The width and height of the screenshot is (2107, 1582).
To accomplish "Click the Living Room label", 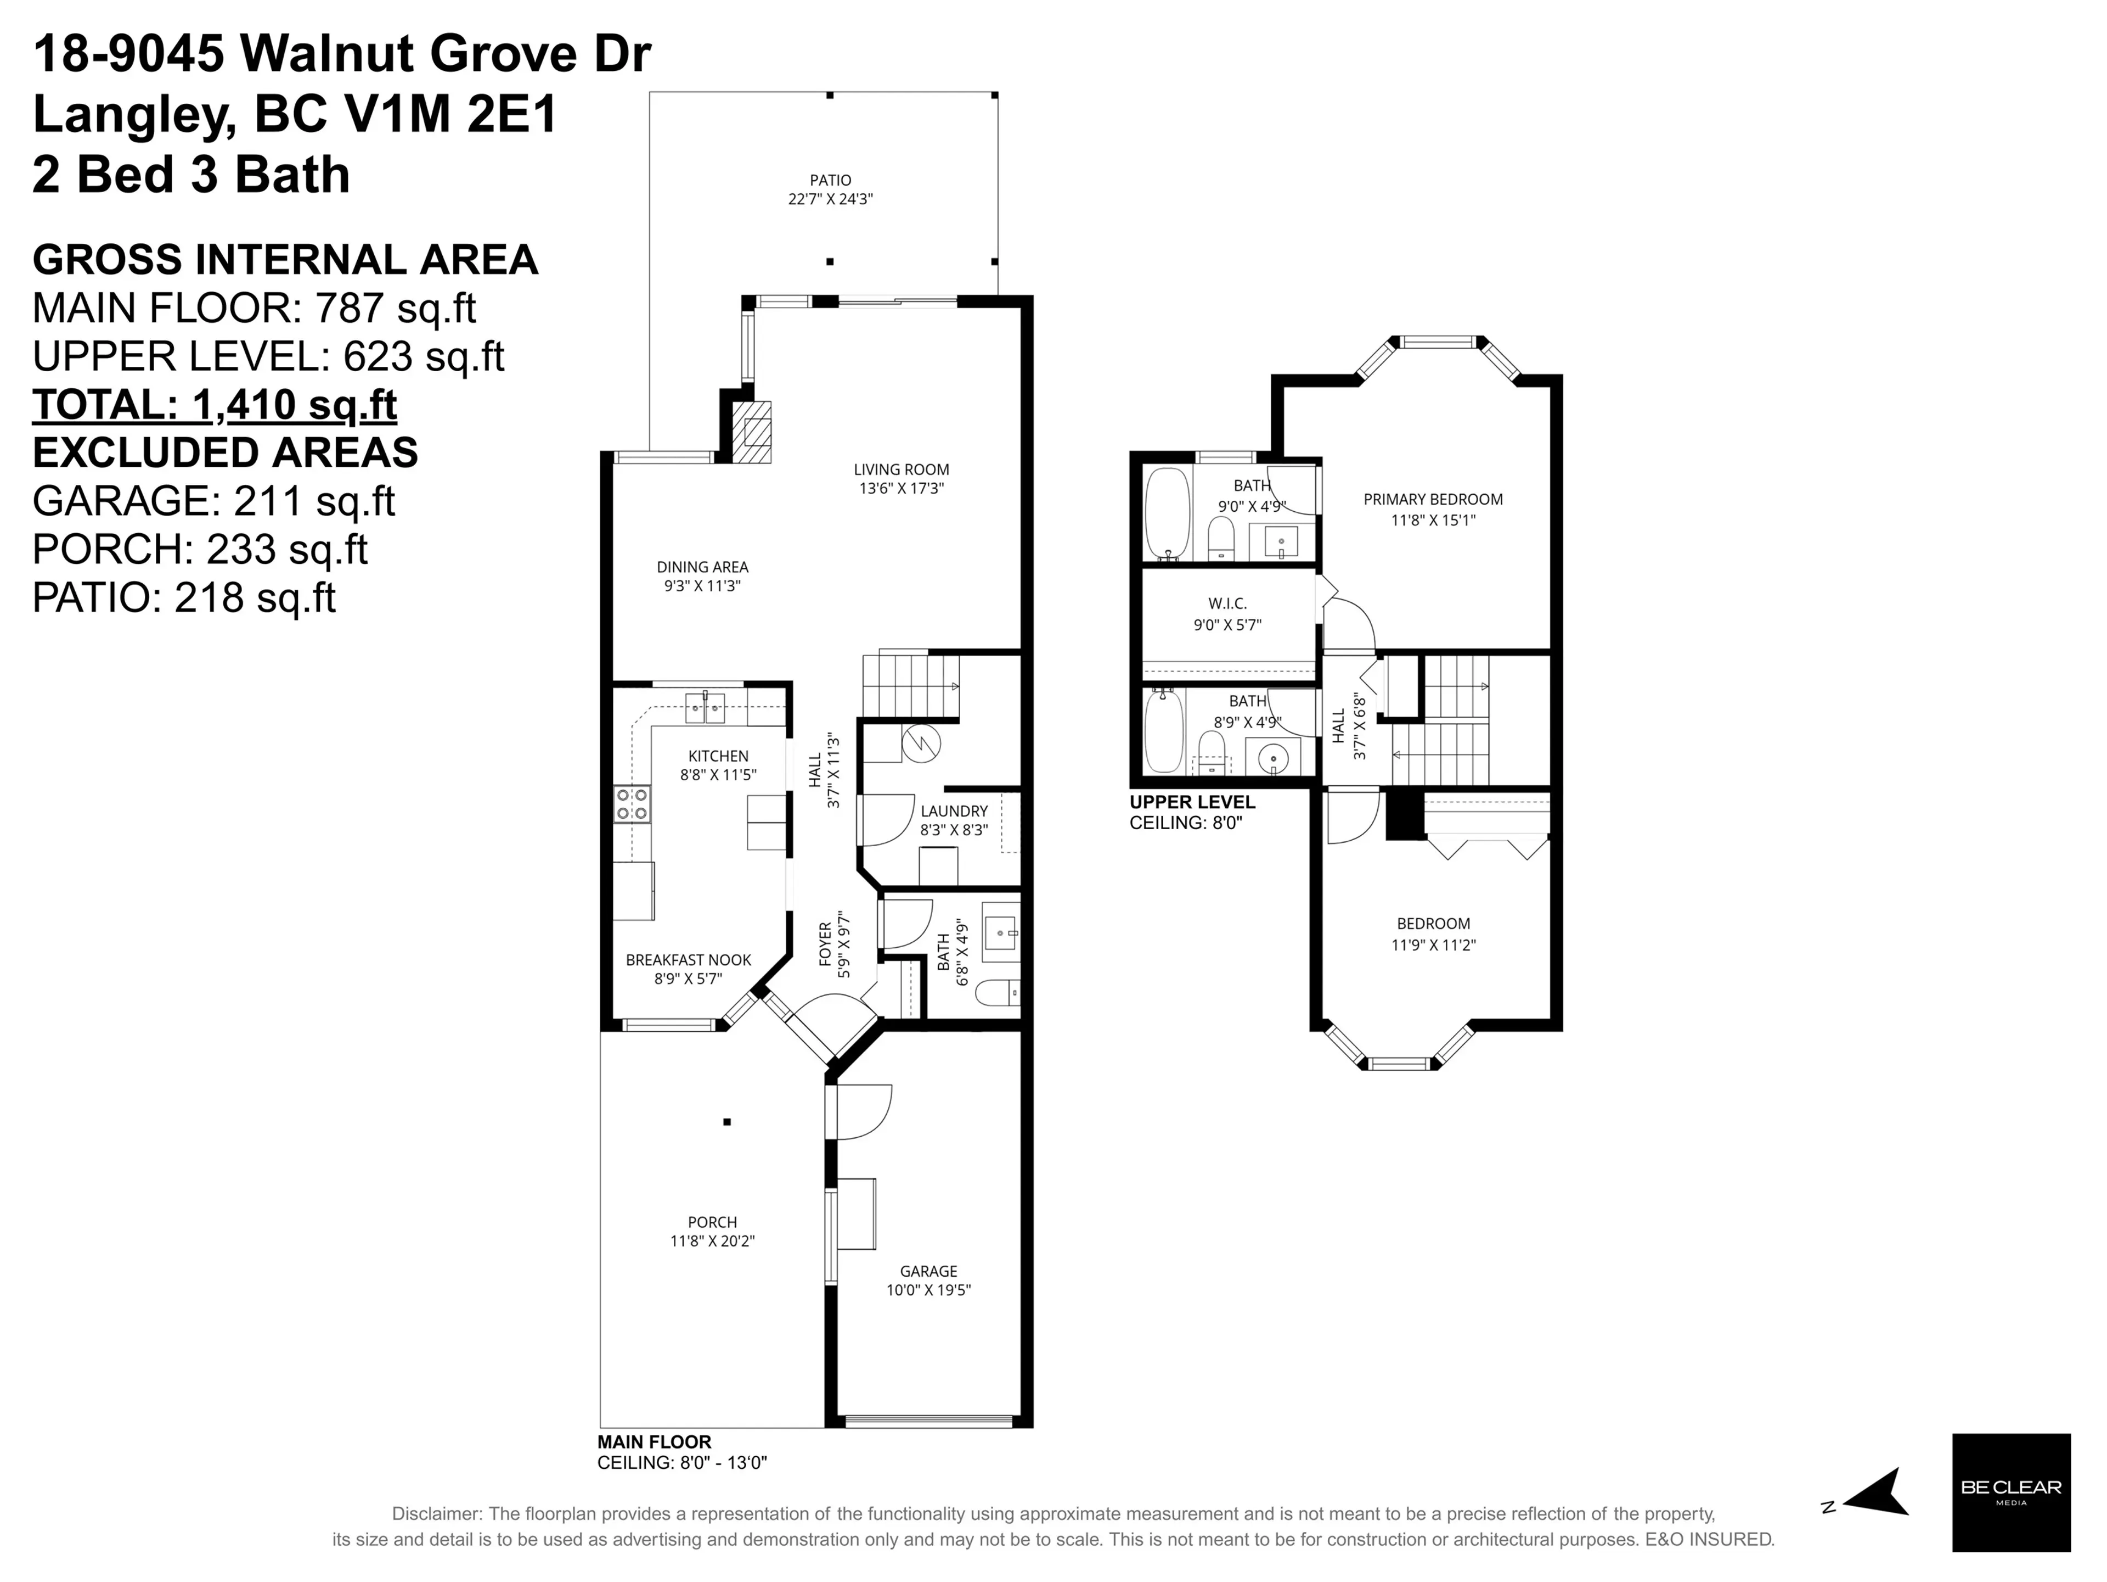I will click(900, 469).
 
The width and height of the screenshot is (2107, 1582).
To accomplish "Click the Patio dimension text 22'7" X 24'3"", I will click(830, 199).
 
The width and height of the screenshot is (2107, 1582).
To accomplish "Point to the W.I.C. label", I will click(1227, 603).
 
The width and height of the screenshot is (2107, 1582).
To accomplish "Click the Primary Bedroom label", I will click(1433, 499).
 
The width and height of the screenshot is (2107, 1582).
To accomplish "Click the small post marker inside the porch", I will click(727, 1122).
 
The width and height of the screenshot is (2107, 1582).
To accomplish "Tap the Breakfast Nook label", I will click(688, 960).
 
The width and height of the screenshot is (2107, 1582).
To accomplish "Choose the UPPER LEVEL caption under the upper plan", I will click(1192, 802).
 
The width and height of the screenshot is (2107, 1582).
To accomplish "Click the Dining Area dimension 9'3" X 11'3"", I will click(702, 586).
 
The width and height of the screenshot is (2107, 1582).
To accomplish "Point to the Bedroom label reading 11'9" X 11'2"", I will click(1433, 944).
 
